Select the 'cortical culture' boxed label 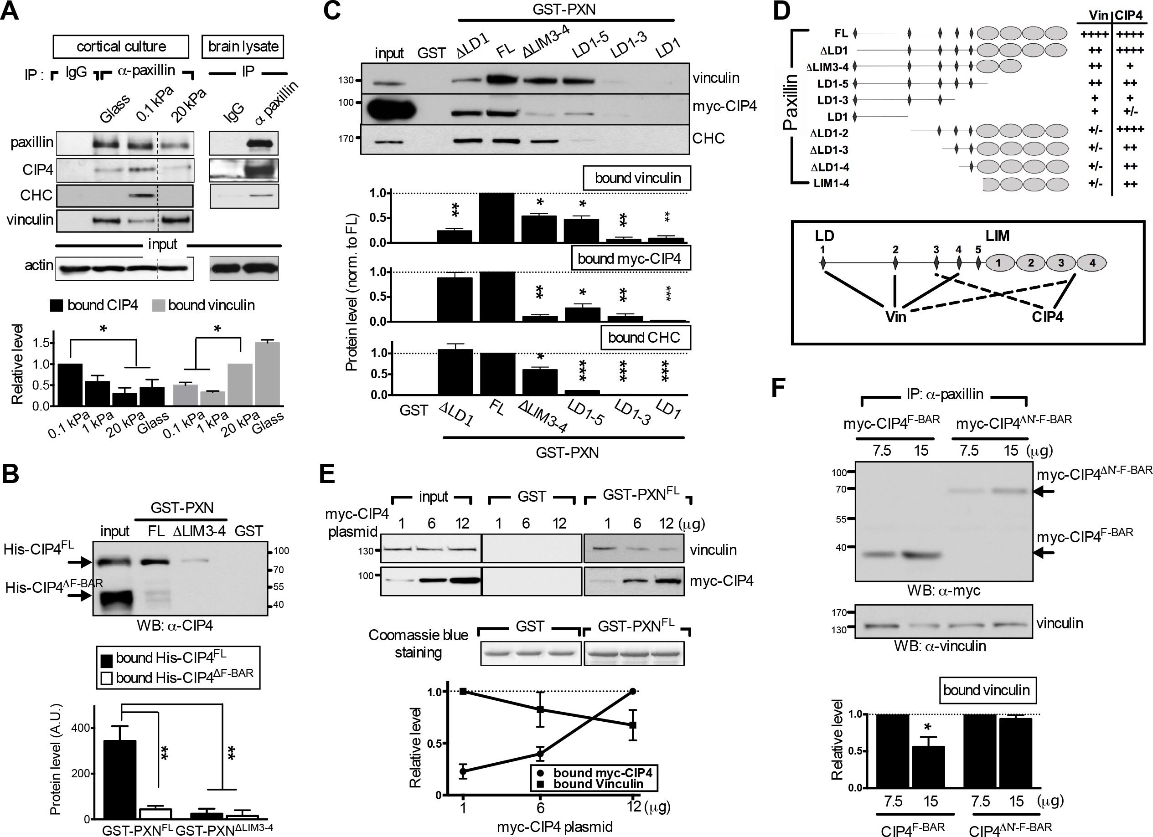(121, 47)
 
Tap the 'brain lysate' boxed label (243, 47)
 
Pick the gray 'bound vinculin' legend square (159, 305)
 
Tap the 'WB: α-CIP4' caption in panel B (174, 625)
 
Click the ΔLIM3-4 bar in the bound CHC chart (540, 382)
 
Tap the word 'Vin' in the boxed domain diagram (896, 317)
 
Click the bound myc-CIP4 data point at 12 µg (633, 691)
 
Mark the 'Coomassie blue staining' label (419, 643)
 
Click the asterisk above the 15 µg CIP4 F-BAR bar (928, 727)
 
